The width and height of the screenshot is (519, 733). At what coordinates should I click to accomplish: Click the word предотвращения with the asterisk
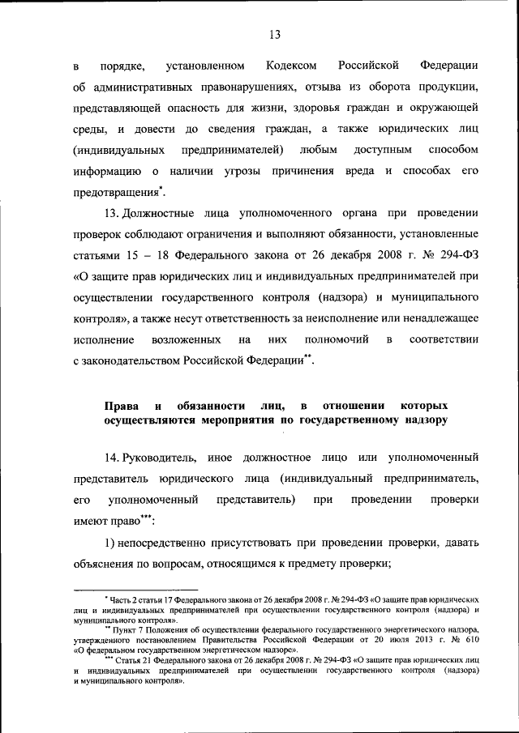[115, 192]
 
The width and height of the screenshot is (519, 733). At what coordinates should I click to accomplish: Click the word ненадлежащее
[437, 318]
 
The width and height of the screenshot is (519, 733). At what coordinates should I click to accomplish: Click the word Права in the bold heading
[120, 403]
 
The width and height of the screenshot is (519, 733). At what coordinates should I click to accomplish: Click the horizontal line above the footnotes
[135, 590]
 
